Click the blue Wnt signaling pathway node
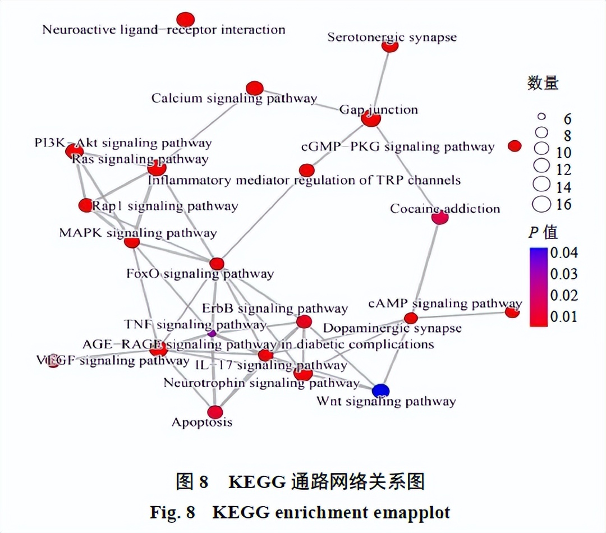click(380, 390)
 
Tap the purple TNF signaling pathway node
click(212, 333)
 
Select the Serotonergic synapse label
click(392, 38)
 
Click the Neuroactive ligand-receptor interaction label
click(163, 30)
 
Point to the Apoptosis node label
click(201, 422)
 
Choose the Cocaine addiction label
click(445, 209)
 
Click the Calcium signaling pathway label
click(234, 99)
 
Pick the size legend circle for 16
click(541, 204)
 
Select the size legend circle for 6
click(541, 117)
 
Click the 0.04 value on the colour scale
click(563, 252)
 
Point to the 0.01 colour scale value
click(563, 317)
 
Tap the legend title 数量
click(543, 84)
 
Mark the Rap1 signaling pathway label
click(165, 206)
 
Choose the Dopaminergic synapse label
click(392, 328)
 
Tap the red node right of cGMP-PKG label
click(515, 146)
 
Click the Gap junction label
click(379, 110)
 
